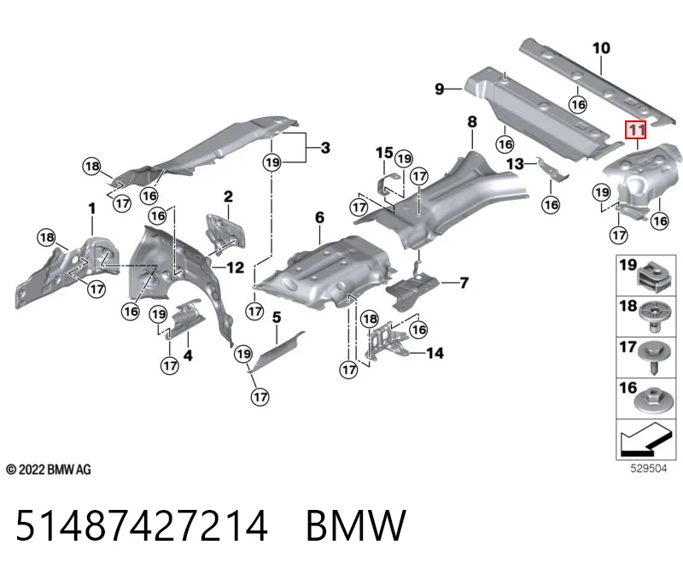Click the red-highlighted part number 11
pyautogui.click(x=635, y=130)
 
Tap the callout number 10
pyautogui.click(x=601, y=48)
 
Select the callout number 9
pyautogui.click(x=440, y=89)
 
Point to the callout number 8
pyautogui.click(x=472, y=121)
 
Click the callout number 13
pyautogui.click(x=515, y=164)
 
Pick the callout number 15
pyautogui.click(x=384, y=153)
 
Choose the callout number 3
pyautogui.click(x=325, y=148)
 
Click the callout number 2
pyautogui.click(x=228, y=196)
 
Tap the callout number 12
pyautogui.click(x=236, y=267)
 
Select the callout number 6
pyautogui.click(x=319, y=217)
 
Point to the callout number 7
pyautogui.click(x=464, y=283)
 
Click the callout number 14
pyautogui.click(x=435, y=353)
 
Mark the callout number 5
pyautogui.click(x=277, y=317)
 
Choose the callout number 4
pyautogui.click(x=188, y=355)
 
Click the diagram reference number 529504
pyautogui.click(x=649, y=469)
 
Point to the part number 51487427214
pyautogui.click(x=142, y=525)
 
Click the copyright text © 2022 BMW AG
pyautogui.click(x=49, y=470)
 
